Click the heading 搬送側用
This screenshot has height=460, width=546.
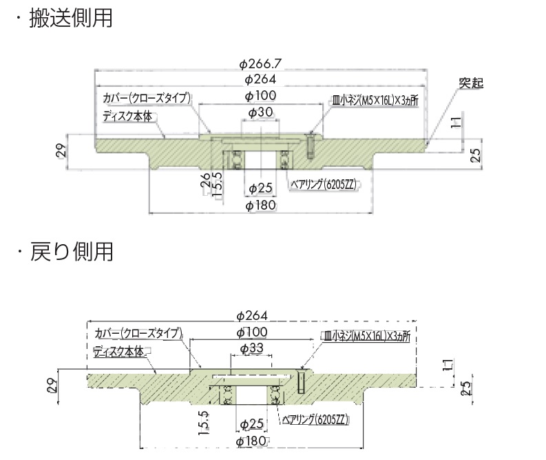click(71, 19)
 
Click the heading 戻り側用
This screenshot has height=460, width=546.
click(71, 252)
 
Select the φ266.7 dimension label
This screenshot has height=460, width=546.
click(260, 64)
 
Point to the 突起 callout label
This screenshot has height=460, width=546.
click(471, 83)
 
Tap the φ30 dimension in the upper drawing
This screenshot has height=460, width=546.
click(261, 112)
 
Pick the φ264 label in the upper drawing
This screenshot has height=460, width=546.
click(260, 79)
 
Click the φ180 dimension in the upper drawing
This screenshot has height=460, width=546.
click(261, 206)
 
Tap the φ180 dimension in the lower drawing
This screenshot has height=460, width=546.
click(251, 441)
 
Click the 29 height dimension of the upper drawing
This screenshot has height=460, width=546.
click(61, 151)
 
